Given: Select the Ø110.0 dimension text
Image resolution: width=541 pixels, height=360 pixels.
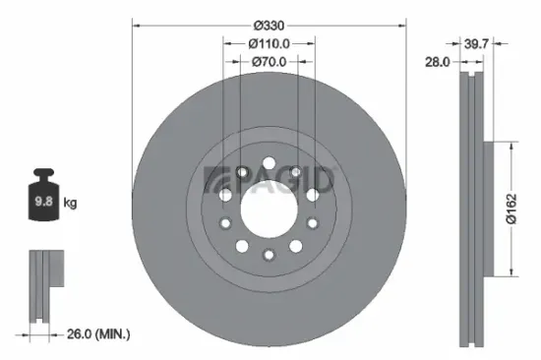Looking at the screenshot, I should (x=269, y=43).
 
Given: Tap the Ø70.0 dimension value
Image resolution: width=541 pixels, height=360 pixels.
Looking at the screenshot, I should (x=269, y=62).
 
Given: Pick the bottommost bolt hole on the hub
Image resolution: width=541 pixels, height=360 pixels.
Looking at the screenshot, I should (x=269, y=256).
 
